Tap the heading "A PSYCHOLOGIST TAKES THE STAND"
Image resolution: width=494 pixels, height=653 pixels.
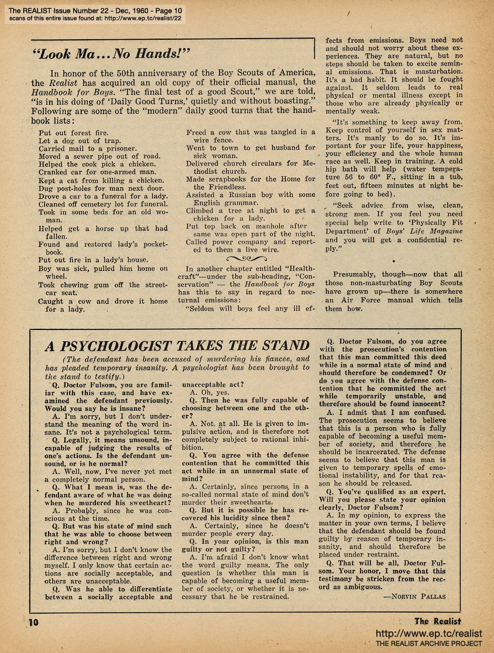[177, 345]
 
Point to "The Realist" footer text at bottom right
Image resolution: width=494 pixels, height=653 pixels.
[437, 621]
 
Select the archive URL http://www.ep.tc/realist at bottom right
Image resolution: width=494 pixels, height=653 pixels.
[428, 633]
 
